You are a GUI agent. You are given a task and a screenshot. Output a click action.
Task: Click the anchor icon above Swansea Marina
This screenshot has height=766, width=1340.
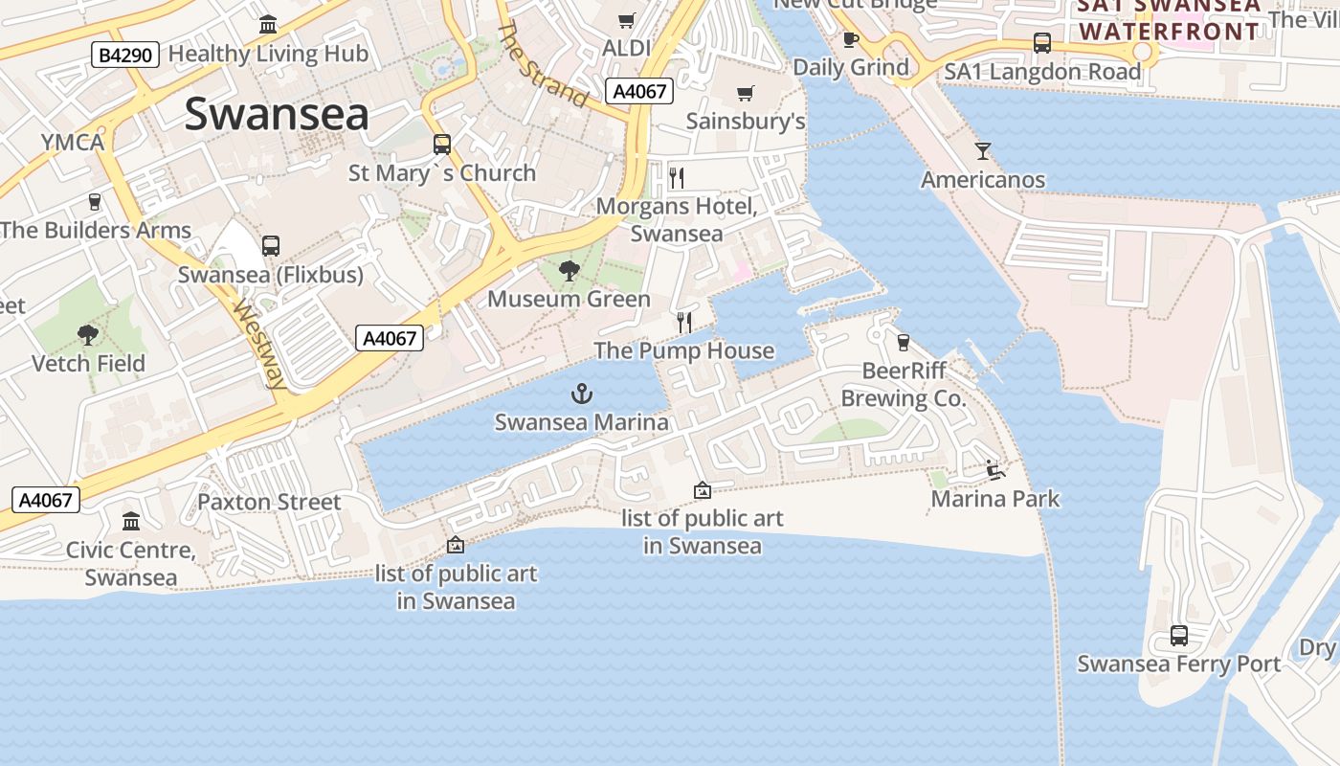click(582, 393)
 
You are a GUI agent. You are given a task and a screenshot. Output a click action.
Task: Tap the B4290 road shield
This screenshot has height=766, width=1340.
click(124, 55)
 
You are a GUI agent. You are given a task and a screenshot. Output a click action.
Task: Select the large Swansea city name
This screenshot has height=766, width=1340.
click(277, 115)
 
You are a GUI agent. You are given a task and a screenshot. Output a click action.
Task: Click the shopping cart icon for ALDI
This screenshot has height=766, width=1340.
click(627, 20)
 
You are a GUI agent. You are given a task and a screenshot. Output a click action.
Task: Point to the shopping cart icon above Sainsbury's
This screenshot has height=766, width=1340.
click(746, 93)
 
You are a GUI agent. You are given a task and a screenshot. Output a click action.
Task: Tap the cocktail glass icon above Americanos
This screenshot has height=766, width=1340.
click(983, 150)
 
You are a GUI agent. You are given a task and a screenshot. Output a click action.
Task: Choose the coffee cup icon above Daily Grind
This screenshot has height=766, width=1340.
click(850, 39)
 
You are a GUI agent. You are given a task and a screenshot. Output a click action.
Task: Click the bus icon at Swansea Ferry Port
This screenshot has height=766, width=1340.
click(1179, 635)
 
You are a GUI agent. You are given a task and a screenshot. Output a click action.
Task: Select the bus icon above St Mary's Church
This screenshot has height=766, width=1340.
click(441, 144)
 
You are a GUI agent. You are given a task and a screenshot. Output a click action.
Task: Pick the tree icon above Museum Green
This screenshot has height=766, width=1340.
click(569, 270)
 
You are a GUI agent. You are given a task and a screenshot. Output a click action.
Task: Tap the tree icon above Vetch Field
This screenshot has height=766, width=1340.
click(88, 334)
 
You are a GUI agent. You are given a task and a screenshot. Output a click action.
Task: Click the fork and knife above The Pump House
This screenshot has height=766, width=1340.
click(683, 322)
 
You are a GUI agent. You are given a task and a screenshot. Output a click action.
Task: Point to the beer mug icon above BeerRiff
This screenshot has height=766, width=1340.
click(903, 342)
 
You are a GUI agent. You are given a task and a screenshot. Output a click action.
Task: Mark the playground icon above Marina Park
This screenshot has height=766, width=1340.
click(995, 469)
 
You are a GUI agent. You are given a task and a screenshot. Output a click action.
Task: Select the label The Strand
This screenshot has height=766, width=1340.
click(543, 64)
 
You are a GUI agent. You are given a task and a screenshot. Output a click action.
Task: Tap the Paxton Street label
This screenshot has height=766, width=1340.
click(269, 502)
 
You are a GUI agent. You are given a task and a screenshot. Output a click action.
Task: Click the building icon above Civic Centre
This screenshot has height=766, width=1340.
click(131, 521)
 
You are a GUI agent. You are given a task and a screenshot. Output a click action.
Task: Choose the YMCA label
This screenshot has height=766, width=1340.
click(72, 143)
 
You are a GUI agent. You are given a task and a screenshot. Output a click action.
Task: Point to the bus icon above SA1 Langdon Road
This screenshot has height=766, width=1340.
click(1042, 43)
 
